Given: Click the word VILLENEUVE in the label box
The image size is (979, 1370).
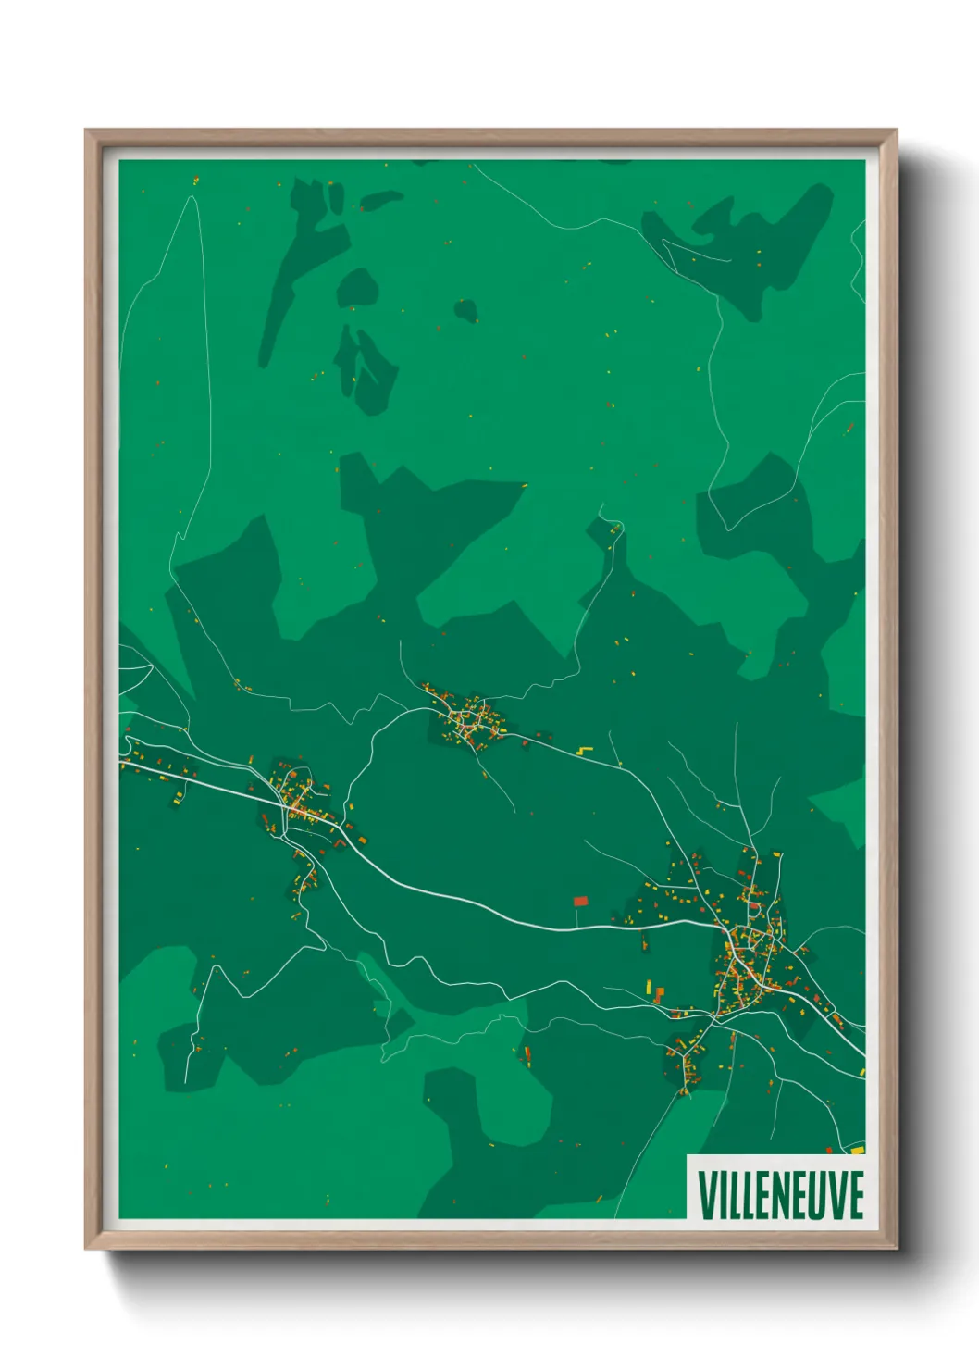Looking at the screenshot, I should (780, 1195).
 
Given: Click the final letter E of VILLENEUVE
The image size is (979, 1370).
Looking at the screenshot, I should (856, 1195).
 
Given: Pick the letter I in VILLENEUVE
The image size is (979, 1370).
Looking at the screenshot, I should (725, 1195).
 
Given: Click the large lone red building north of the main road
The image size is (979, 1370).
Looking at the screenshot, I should (581, 900).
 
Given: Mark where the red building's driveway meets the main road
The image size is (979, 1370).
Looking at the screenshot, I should (577, 927).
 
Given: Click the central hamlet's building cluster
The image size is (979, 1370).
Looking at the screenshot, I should (468, 720).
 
